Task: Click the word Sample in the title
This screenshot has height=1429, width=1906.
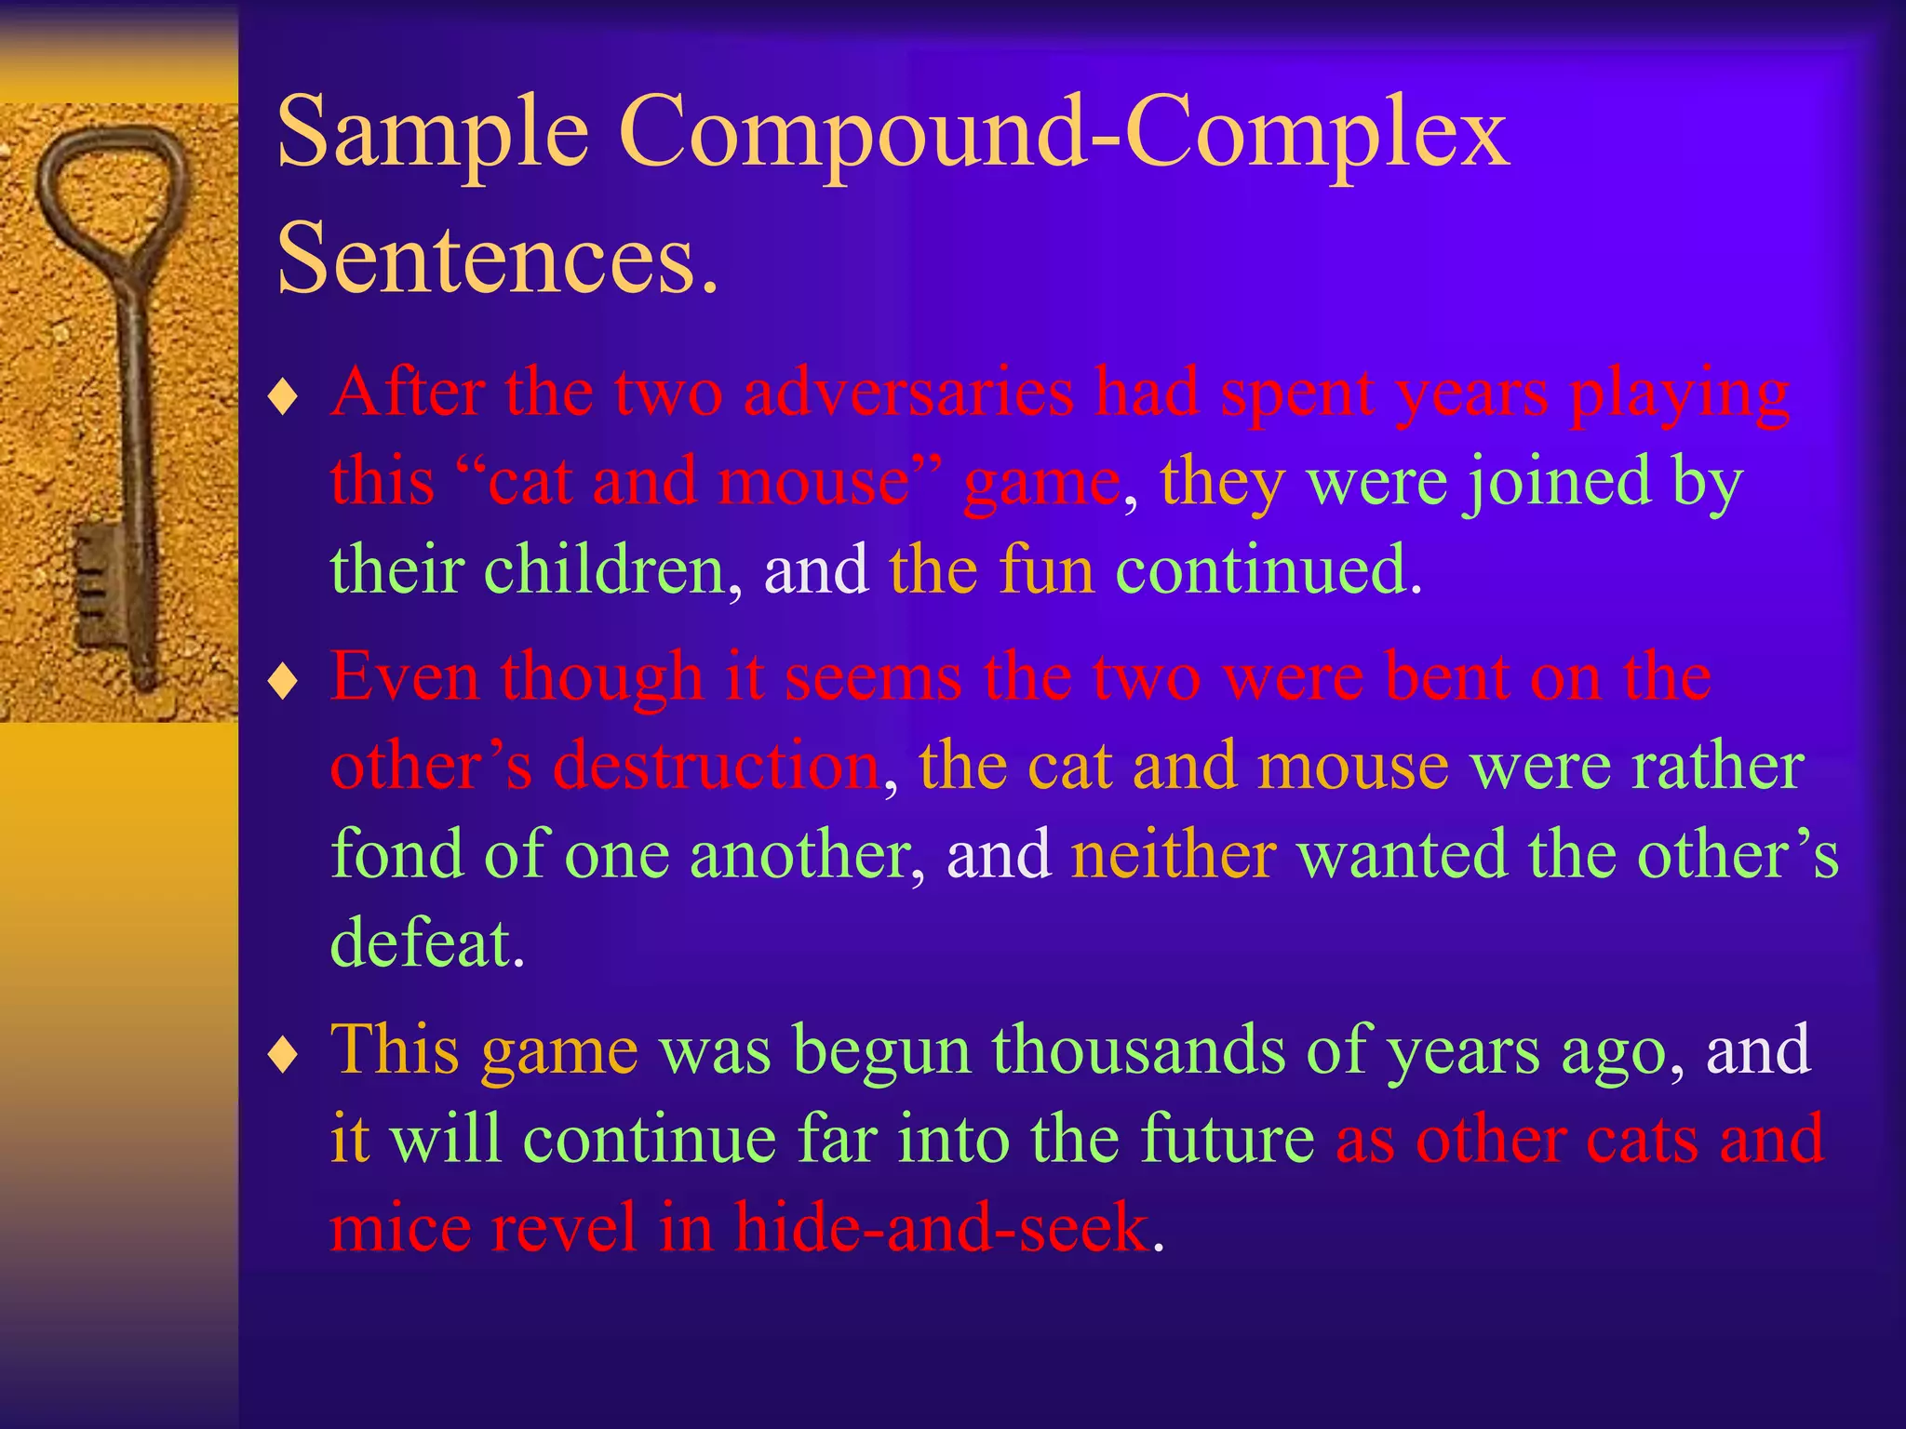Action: [433, 135]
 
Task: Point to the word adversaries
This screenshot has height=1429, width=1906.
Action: [908, 392]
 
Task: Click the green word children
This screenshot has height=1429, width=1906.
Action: [604, 569]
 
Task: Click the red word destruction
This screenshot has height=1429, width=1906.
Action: [716, 766]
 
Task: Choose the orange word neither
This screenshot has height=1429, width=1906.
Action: [1173, 853]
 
